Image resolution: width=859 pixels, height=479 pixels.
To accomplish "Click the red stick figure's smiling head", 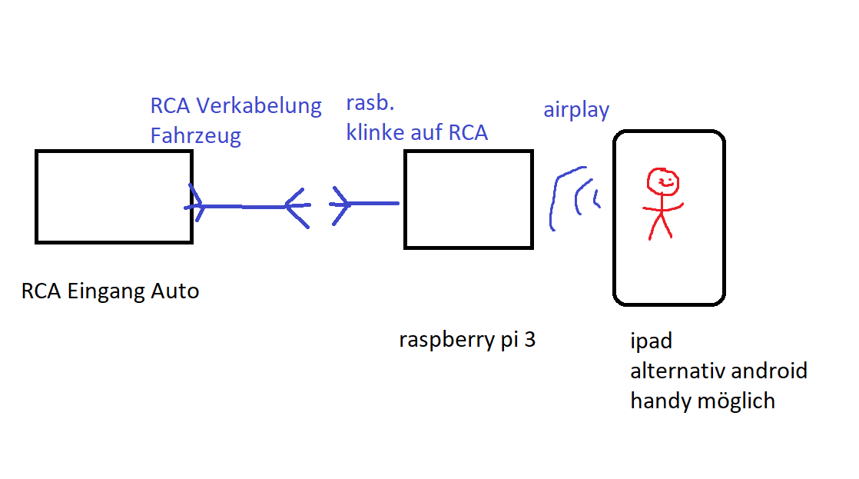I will [x=662, y=182].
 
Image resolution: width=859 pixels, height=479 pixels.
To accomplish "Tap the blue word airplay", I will [x=576, y=110].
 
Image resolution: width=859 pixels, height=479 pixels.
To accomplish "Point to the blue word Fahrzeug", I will [x=195, y=136].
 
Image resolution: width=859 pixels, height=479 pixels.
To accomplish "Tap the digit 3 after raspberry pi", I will [x=529, y=339].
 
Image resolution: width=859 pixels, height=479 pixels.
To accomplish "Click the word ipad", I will [x=652, y=341].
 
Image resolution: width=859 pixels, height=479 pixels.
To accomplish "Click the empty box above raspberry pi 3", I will [x=468, y=199].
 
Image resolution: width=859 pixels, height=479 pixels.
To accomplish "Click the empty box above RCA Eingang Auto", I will [x=114, y=197].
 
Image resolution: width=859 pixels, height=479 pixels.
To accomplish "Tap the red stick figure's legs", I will [x=660, y=225].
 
